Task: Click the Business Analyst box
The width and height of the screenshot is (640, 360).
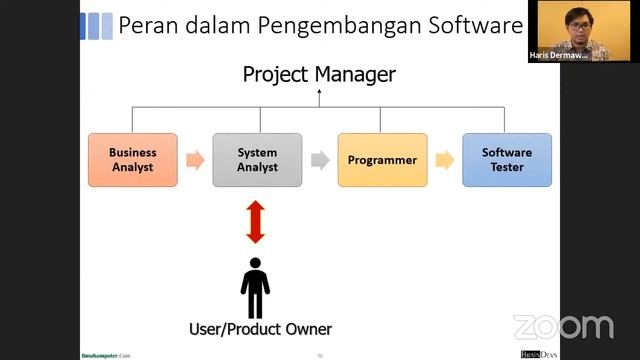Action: [x=133, y=160]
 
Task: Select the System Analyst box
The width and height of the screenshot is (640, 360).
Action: [x=257, y=160]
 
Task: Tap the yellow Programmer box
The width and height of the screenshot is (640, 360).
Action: [x=382, y=160]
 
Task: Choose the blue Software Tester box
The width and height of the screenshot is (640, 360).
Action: [x=507, y=160]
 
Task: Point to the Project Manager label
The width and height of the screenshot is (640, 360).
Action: [x=319, y=74]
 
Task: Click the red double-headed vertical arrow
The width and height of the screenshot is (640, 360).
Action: [x=256, y=221]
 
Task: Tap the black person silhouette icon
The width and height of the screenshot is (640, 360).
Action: [x=255, y=288]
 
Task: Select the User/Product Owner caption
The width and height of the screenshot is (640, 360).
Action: [x=260, y=329]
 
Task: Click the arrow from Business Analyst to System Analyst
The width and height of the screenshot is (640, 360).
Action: [x=195, y=160]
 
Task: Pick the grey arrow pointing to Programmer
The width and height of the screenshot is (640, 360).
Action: [x=320, y=160]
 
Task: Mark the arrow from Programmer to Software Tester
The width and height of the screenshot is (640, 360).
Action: [x=445, y=160]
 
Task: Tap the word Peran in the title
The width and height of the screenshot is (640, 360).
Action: [x=147, y=25]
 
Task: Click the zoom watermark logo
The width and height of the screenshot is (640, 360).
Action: [x=562, y=326]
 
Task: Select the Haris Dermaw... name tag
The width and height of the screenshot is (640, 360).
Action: [x=559, y=56]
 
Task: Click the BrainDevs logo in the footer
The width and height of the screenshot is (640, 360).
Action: [x=539, y=354]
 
